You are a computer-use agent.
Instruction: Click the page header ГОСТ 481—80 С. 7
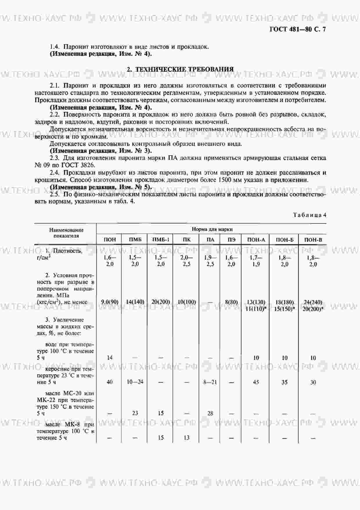coord(298,29)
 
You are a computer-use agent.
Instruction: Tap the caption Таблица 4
coord(309,215)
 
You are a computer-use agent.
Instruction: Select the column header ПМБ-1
coord(161,240)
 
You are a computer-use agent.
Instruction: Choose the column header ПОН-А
coord(256,240)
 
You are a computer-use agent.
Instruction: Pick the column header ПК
coord(187,240)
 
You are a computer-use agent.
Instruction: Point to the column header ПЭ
coord(231,240)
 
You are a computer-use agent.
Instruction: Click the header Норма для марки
coord(212,229)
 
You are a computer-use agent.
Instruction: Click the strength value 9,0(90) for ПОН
coord(109,302)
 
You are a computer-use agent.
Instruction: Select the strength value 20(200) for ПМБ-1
coord(161,302)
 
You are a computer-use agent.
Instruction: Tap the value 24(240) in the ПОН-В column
coord(312,302)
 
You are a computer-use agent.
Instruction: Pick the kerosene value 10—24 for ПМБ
coord(135,382)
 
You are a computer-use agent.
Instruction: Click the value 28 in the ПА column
coord(210,413)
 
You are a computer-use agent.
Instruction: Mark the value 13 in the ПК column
coord(186,438)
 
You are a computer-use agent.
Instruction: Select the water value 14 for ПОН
coord(109,358)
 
